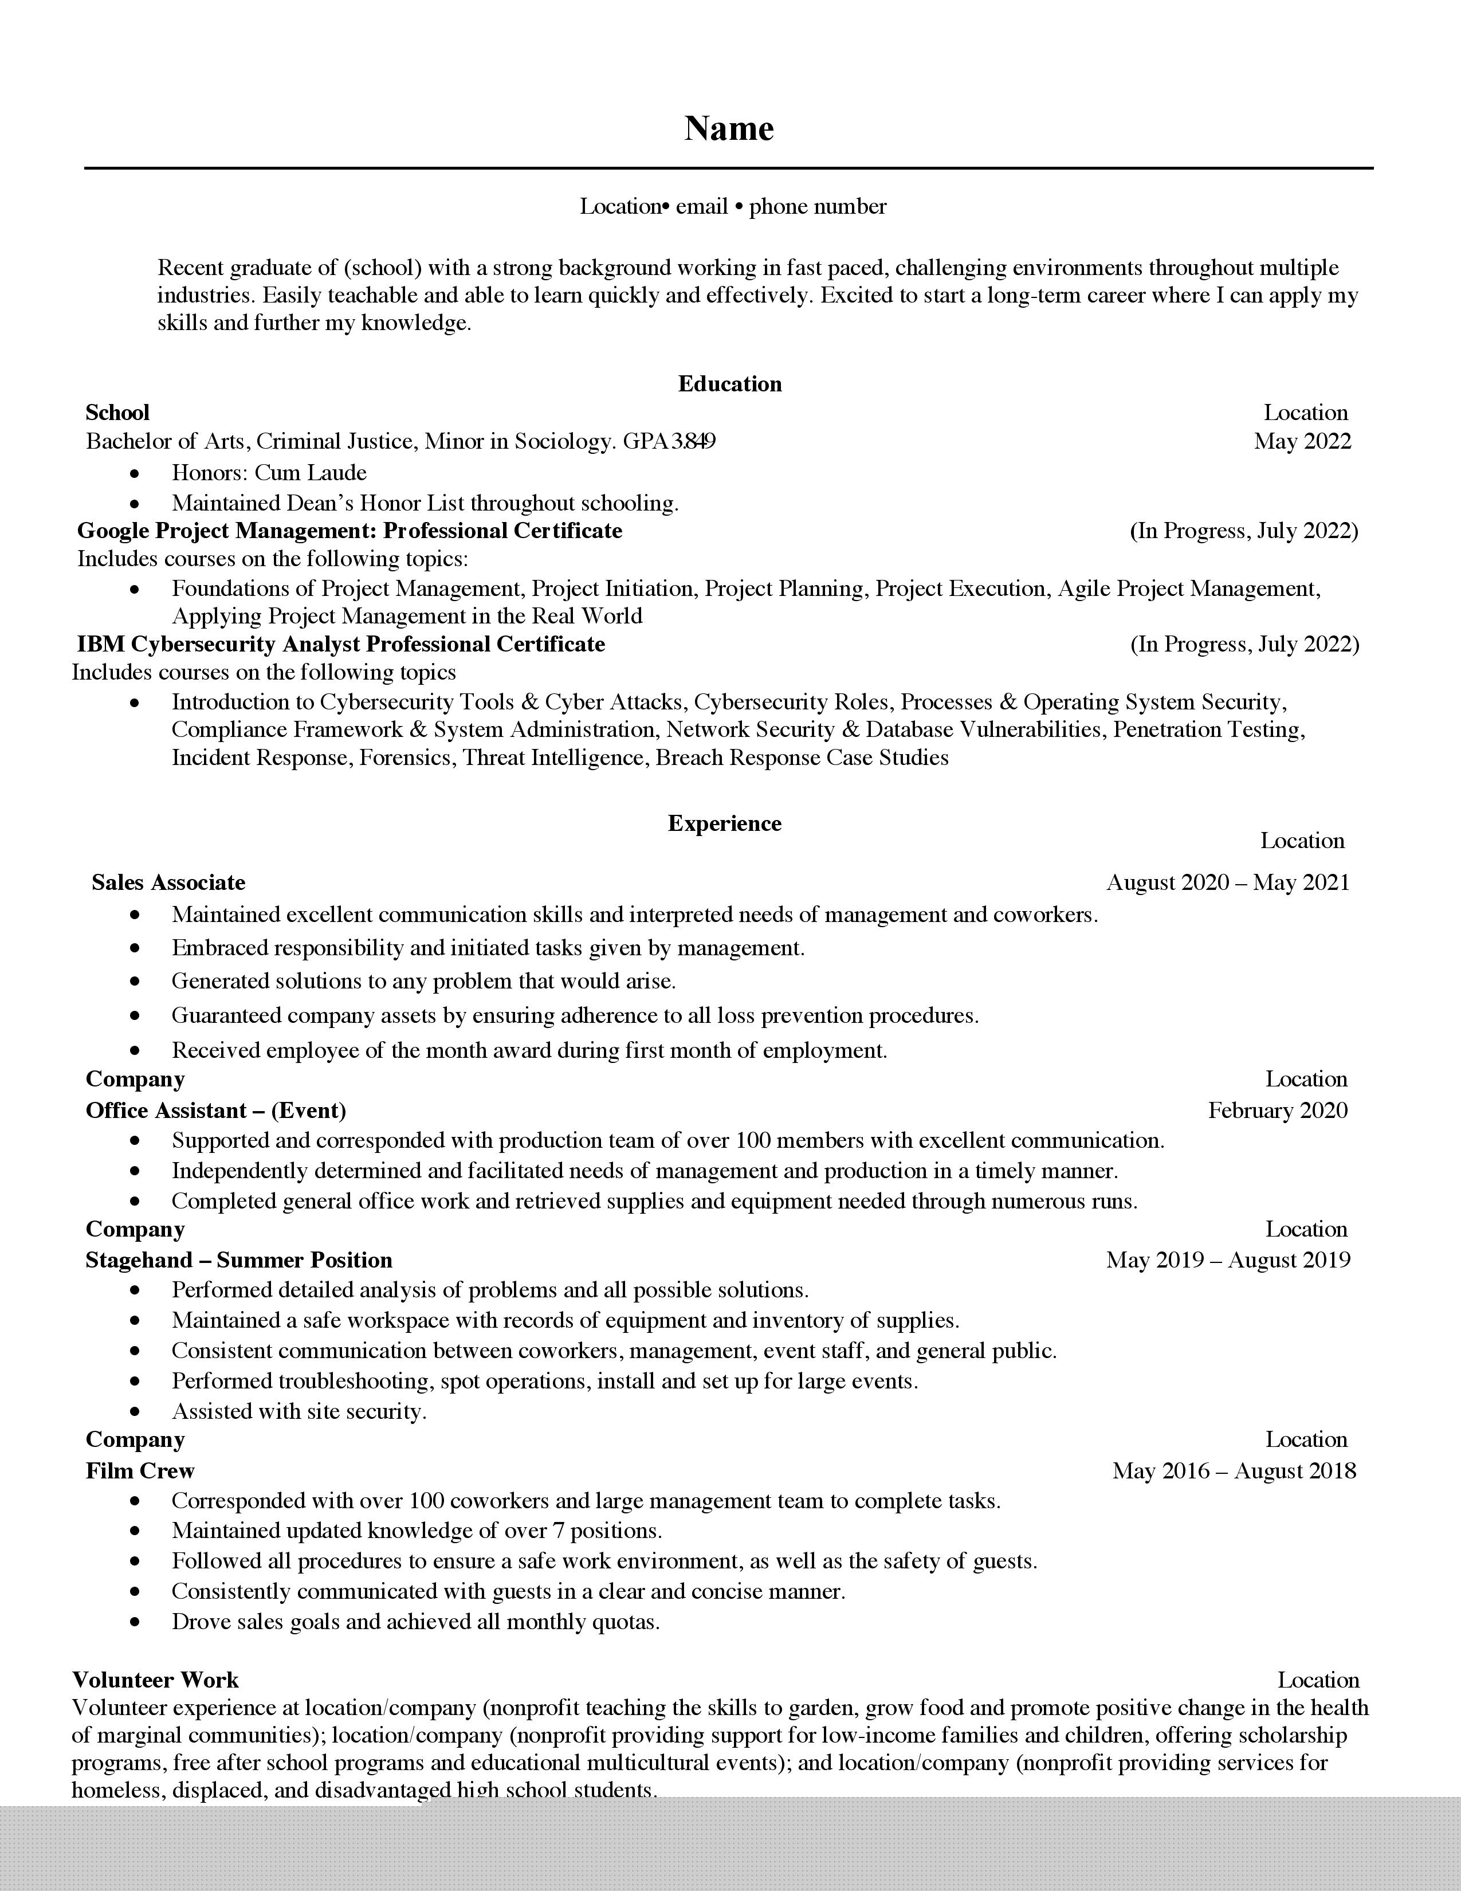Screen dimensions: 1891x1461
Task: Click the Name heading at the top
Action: pyautogui.click(x=729, y=128)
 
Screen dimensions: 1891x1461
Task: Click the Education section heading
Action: pyautogui.click(x=729, y=383)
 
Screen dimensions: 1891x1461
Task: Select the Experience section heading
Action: pyautogui.click(x=724, y=823)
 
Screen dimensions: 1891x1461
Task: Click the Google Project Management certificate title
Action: pyautogui.click(x=349, y=530)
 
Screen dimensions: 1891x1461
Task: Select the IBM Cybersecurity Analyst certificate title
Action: pyautogui.click(x=341, y=644)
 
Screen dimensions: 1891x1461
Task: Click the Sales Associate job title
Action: pyautogui.click(x=169, y=882)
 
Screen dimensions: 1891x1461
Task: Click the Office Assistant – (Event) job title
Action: pyautogui.click(x=215, y=1110)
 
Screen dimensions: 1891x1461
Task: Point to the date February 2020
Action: pyautogui.click(x=1278, y=1110)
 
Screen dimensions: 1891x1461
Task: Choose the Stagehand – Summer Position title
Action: pyautogui.click(x=239, y=1260)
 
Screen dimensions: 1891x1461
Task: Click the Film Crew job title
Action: pyautogui.click(x=140, y=1471)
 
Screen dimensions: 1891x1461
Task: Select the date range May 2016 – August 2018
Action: pyautogui.click(x=1234, y=1471)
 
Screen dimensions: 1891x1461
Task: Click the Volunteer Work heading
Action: pyautogui.click(x=156, y=1680)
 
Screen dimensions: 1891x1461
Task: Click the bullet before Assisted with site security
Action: pyautogui.click(x=135, y=1411)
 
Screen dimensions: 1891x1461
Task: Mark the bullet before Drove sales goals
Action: pyautogui.click(x=135, y=1622)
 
